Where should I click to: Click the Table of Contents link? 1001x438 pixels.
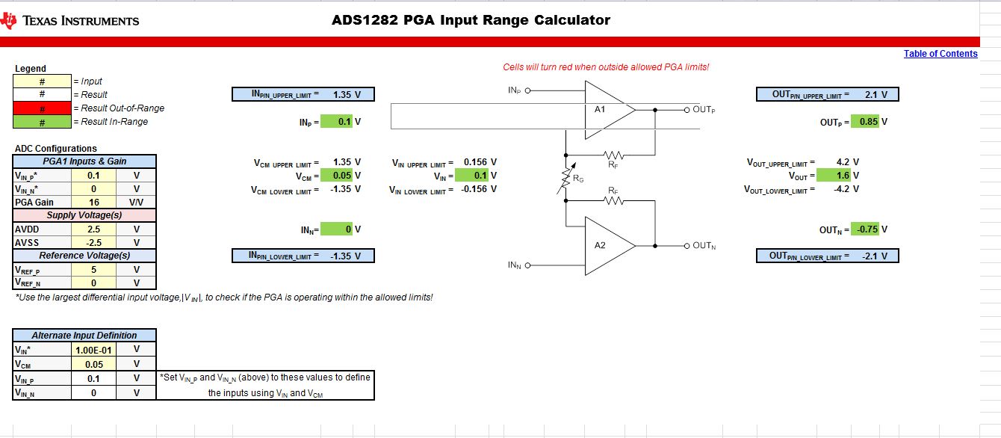940,54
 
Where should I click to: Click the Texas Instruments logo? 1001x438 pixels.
71,20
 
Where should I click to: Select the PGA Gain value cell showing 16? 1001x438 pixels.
93,202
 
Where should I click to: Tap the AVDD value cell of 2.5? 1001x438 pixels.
93,229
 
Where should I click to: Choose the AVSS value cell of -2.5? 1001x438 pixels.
93,242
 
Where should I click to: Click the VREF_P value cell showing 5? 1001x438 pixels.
93,270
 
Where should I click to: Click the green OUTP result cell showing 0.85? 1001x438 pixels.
869,122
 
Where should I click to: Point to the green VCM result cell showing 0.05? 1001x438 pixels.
336,176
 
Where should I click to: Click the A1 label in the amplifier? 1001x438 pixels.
600,109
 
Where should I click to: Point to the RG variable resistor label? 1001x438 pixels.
577,179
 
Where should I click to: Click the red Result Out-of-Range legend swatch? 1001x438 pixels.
42,108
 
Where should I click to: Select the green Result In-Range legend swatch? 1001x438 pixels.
42,122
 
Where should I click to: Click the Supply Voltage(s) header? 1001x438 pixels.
84,215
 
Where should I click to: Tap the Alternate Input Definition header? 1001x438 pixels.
84,336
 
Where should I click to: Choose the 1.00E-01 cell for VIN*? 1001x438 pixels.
93,349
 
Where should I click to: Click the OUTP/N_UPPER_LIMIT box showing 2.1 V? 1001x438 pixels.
828,95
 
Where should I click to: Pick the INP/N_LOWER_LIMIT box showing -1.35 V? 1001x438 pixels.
303,256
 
